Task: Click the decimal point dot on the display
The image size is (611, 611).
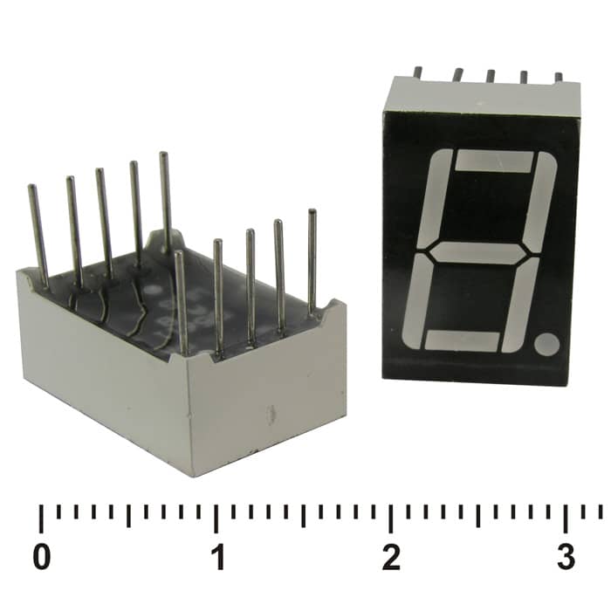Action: coord(547,344)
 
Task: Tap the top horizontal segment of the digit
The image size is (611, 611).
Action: coord(494,161)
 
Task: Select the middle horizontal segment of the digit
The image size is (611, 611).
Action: coord(478,253)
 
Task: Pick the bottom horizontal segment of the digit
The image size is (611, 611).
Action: coord(462,341)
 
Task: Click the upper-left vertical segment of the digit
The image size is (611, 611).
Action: coord(435,198)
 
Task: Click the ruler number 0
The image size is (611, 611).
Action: coord(42,557)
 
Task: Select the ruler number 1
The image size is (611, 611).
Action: coord(218,557)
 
